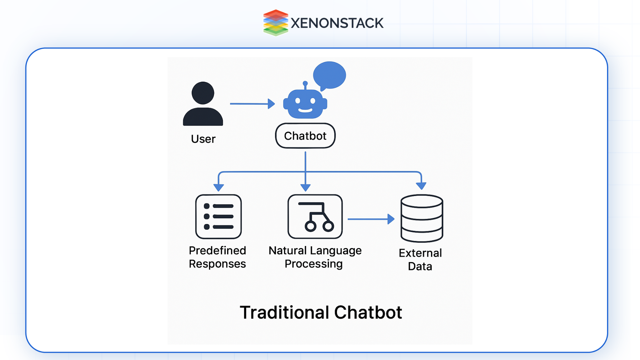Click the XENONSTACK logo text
pyautogui.click(x=337, y=23)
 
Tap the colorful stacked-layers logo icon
pyautogui.click(x=275, y=23)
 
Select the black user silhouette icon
pyautogui.click(x=203, y=104)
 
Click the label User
pyautogui.click(x=203, y=139)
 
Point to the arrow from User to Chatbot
pyautogui.click(x=252, y=104)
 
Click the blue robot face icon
pyautogui.click(x=305, y=104)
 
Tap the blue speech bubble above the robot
pyautogui.click(x=329, y=75)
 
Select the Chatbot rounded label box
pyautogui.click(x=305, y=136)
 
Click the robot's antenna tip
pyautogui.click(x=305, y=83)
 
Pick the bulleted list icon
pyautogui.click(x=218, y=217)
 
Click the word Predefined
pyautogui.click(x=217, y=250)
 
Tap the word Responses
pyautogui.click(x=217, y=264)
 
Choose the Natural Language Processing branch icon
pyautogui.click(x=315, y=217)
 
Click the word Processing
pyautogui.click(x=314, y=264)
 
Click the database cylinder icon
pyautogui.click(x=422, y=218)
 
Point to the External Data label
pyautogui.click(x=420, y=260)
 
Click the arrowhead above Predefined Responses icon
pyautogui.click(x=219, y=187)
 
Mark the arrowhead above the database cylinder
pyautogui.click(x=421, y=186)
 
